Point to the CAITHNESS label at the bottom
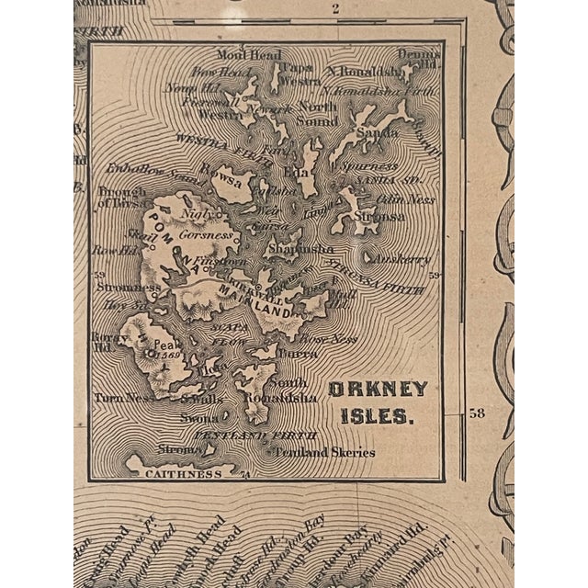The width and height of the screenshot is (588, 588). click(x=184, y=474)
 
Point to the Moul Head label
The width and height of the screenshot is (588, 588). click(x=240, y=56)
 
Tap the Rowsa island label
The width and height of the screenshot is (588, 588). click(x=226, y=182)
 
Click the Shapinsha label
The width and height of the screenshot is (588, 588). click(x=292, y=249)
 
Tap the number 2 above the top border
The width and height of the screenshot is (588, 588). click(x=337, y=10)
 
